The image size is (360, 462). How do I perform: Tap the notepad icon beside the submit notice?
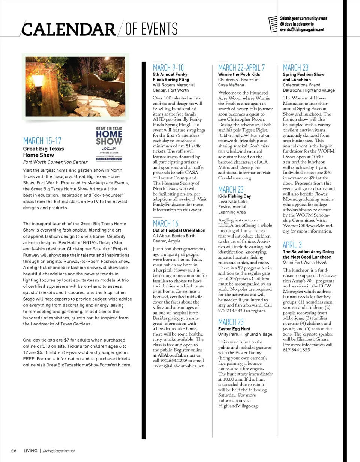point(274,24)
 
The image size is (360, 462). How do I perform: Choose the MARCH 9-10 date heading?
point(168,68)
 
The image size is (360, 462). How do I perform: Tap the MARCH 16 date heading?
point(165,224)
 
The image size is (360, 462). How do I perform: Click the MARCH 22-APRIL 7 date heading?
point(241,68)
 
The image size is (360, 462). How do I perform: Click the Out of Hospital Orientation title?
point(179,230)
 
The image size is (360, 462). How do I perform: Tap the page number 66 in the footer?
point(13,450)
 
